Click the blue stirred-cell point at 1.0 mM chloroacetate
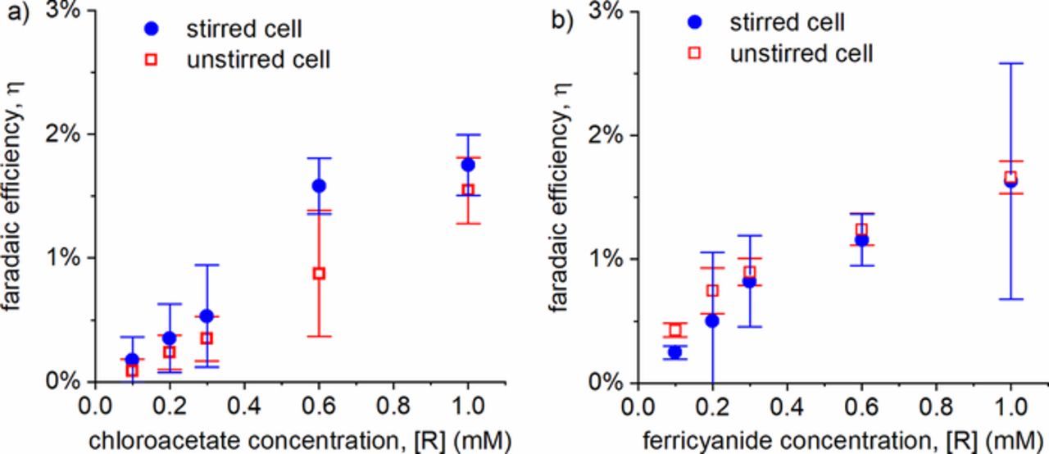[x=468, y=165]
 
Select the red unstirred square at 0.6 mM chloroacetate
[x=319, y=273]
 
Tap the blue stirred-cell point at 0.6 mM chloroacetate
[x=319, y=185]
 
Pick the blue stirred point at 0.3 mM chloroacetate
[x=207, y=316]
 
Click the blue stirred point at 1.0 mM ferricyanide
[x=1010, y=181]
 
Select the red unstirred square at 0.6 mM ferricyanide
[x=861, y=230]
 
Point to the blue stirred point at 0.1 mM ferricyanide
[x=674, y=352]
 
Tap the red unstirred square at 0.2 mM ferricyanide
[x=712, y=290]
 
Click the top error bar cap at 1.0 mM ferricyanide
[x=1010, y=63]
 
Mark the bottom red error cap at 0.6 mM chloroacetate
[x=319, y=336]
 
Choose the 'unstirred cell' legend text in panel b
[x=801, y=53]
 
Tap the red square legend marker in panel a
[x=151, y=60]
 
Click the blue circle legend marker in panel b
[x=694, y=22]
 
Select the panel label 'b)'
[x=562, y=18]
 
